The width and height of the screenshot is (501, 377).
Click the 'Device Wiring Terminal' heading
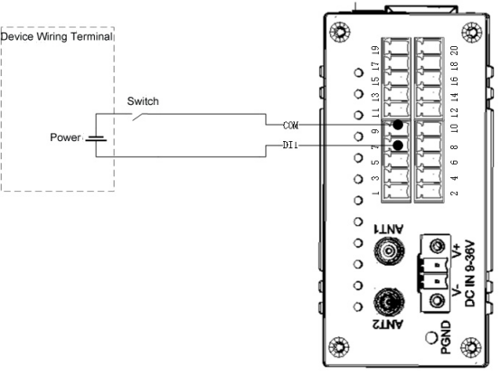click(x=57, y=36)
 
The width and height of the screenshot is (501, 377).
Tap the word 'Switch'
click(x=143, y=101)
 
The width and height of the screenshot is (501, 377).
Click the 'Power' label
click(x=65, y=137)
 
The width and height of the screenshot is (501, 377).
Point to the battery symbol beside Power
click(x=96, y=138)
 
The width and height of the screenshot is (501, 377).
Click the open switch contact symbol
click(x=138, y=117)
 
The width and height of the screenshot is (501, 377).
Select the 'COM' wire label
click(x=291, y=126)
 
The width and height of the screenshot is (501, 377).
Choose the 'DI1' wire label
click(x=290, y=146)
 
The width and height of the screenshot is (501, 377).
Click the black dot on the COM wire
click(x=398, y=125)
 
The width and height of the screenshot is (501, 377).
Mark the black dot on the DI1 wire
click(x=398, y=146)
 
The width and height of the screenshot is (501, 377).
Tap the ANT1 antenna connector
click(x=389, y=250)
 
